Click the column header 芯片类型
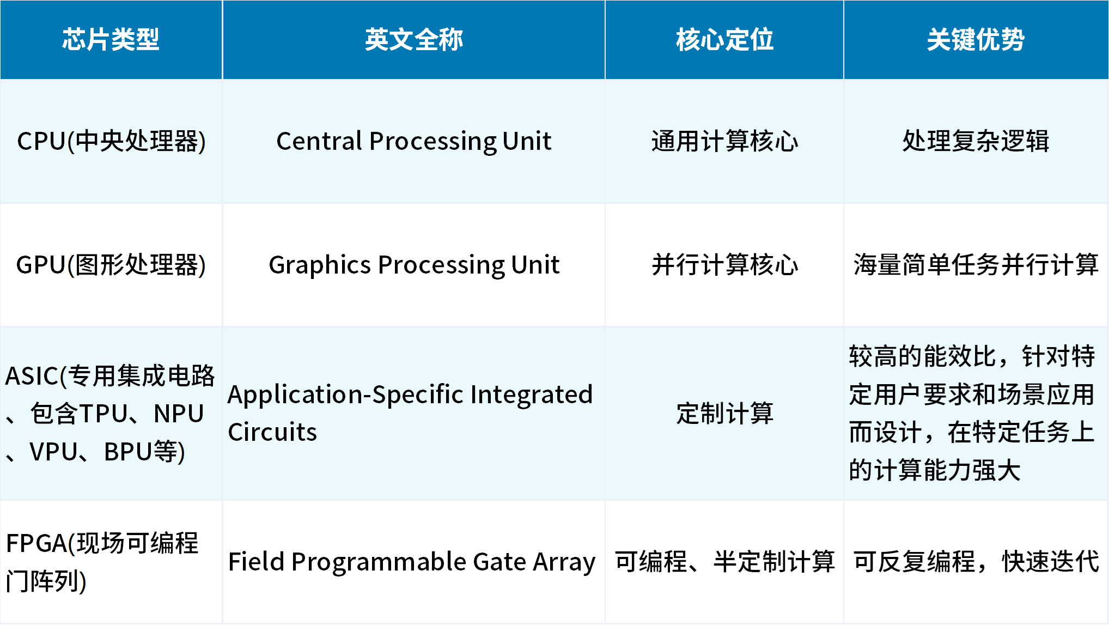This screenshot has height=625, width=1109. (111, 39)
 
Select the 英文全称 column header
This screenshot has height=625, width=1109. (414, 39)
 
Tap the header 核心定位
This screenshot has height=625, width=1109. (724, 39)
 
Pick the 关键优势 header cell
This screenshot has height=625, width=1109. (976, 39)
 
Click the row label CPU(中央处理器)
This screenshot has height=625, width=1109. (111, 141)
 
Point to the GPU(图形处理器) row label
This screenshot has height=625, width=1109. (111, 265)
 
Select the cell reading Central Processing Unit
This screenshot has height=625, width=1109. (414, 141)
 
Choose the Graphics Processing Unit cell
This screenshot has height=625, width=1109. (414, 265)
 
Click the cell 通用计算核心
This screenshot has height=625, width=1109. (724, 141)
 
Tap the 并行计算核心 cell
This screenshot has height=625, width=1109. (724, 265)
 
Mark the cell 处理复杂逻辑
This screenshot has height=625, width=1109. (976, 141)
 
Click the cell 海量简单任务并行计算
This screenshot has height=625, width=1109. (976, 265)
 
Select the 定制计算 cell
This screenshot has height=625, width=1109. (724, 413)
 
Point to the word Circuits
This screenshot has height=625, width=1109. (272, 432)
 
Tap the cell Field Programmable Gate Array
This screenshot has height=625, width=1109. (412, 562)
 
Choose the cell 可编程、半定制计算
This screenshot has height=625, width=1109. (724, 562)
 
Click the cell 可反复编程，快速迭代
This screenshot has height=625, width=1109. (976, 562)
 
